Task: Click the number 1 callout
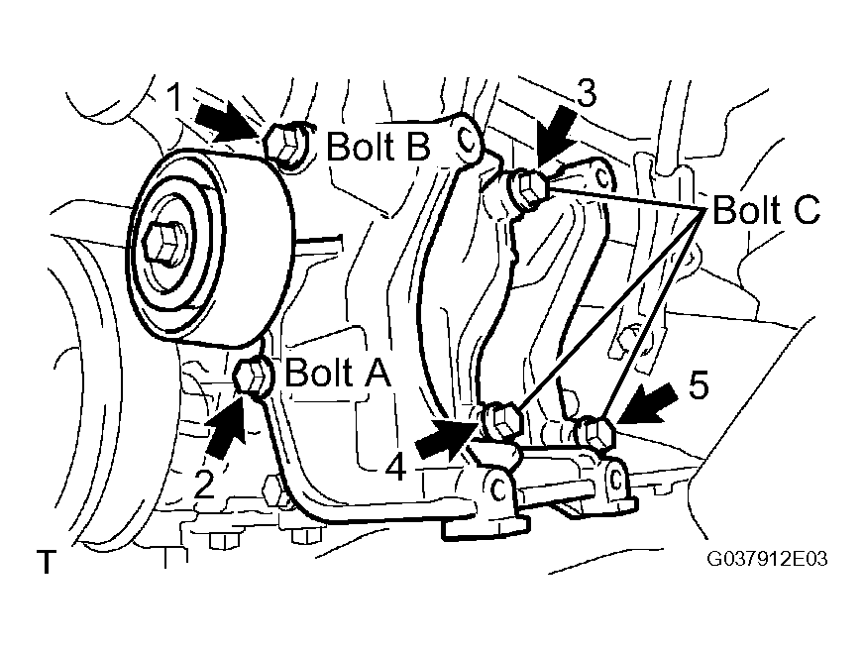point(174,98)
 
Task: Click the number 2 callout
point(204,485)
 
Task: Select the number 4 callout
point(395,468)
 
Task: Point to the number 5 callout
point(699,385)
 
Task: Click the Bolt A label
point(337,373)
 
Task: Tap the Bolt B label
point(378,146)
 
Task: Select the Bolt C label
point(766,210)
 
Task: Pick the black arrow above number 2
point(227,425)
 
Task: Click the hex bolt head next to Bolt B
point(285,145)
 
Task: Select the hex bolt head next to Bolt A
point(253,376)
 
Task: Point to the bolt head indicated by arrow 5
point(595,432)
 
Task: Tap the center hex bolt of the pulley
point(163,242)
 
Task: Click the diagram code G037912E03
point(768,559)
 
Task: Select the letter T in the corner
point(47,562)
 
